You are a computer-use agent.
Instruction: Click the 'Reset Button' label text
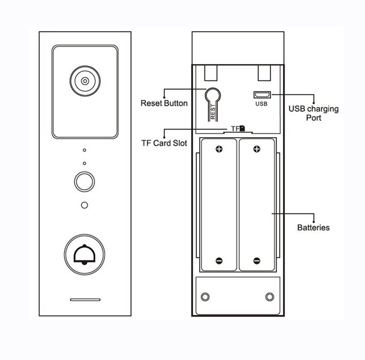pyautogui.click(x=164, y=103)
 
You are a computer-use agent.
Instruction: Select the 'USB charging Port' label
pyautogui.click(x=313, y=113)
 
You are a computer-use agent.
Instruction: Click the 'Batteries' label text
pyautogui.click(x=313, y=228)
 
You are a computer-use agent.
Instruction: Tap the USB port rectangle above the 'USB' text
pyautogui.click(x=262, y=95)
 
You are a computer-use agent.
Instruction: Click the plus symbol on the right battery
pyautogui.click(x=257, y=150)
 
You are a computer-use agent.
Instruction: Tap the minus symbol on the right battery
pyautogui.click(x=257, y=261)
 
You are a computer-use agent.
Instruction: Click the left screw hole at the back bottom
pyautogui.click(x=204, y=297)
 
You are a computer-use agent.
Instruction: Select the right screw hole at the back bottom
pyautogui.click(x=269, y=297)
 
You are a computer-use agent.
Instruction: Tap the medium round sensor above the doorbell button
pyautogui.click(x=84, y=182)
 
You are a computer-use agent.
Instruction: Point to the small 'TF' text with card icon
pyautogui.click(x=238, y=129)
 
